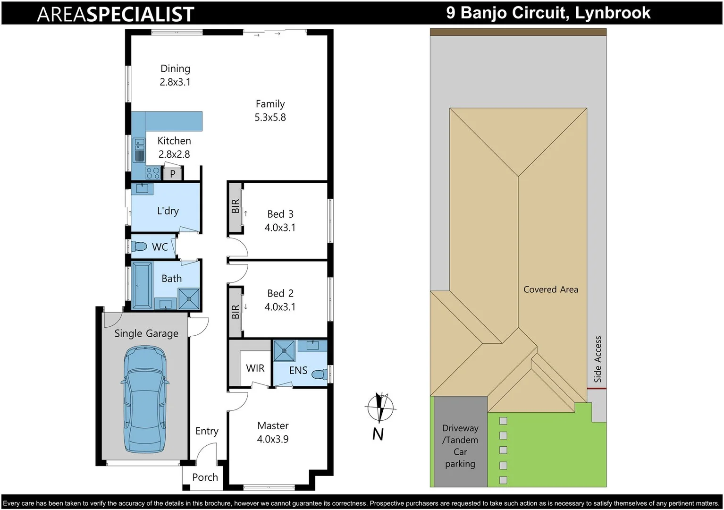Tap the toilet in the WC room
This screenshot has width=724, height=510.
tap(139, 246)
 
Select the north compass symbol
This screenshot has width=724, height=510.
tap(380, 407)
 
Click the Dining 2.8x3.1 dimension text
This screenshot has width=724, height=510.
tap(175, 82)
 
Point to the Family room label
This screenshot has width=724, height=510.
tap(270, 104)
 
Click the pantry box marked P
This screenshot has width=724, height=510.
tap(173, 174)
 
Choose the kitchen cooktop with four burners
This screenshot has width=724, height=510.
tap(152, 173)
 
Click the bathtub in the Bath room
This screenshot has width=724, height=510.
tap(142, 285)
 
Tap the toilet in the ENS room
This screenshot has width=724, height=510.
tap(320, 374)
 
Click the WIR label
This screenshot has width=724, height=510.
tap(255, 368)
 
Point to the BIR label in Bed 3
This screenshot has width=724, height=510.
tap(236, 206)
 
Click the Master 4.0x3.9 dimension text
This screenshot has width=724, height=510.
tap(273, 439)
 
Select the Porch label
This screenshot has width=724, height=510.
tap(205, 477)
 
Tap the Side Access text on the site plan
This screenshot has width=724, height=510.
tap(598, 359)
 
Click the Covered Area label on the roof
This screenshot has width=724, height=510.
tap(551, 289)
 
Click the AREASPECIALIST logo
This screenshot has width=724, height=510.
tap(116, 14)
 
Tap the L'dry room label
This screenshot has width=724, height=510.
tap(168, 211)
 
